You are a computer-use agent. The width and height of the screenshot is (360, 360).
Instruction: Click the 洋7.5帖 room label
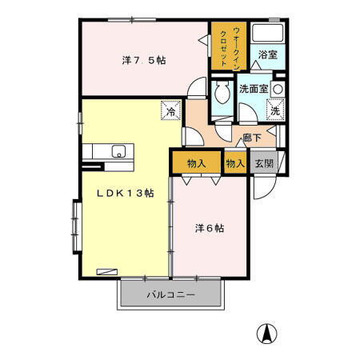144,60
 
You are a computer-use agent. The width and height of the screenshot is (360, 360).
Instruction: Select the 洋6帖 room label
210,228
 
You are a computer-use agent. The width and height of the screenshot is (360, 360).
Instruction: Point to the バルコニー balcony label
169,295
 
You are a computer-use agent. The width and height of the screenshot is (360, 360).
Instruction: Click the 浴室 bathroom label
266,55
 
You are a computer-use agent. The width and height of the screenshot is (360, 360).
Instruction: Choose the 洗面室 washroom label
252,89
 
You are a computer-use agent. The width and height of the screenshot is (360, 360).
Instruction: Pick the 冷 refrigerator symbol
170,112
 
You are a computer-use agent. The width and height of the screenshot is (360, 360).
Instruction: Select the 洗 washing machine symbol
274,111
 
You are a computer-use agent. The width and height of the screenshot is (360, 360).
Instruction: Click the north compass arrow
266,331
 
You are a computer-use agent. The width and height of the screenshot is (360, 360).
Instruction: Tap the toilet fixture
222,93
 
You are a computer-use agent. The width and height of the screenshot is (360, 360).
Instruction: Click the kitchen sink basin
118,151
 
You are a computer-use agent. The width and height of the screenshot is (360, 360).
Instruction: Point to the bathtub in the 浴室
266,34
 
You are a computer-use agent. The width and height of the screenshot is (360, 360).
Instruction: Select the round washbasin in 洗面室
278,88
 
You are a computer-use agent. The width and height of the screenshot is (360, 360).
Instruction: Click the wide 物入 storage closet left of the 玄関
196,163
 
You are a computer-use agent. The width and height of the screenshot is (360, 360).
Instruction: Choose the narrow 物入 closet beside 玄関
235,162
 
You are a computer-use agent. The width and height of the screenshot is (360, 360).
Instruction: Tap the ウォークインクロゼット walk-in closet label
220,50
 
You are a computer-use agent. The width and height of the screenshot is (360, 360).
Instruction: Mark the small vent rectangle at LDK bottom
105,272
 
